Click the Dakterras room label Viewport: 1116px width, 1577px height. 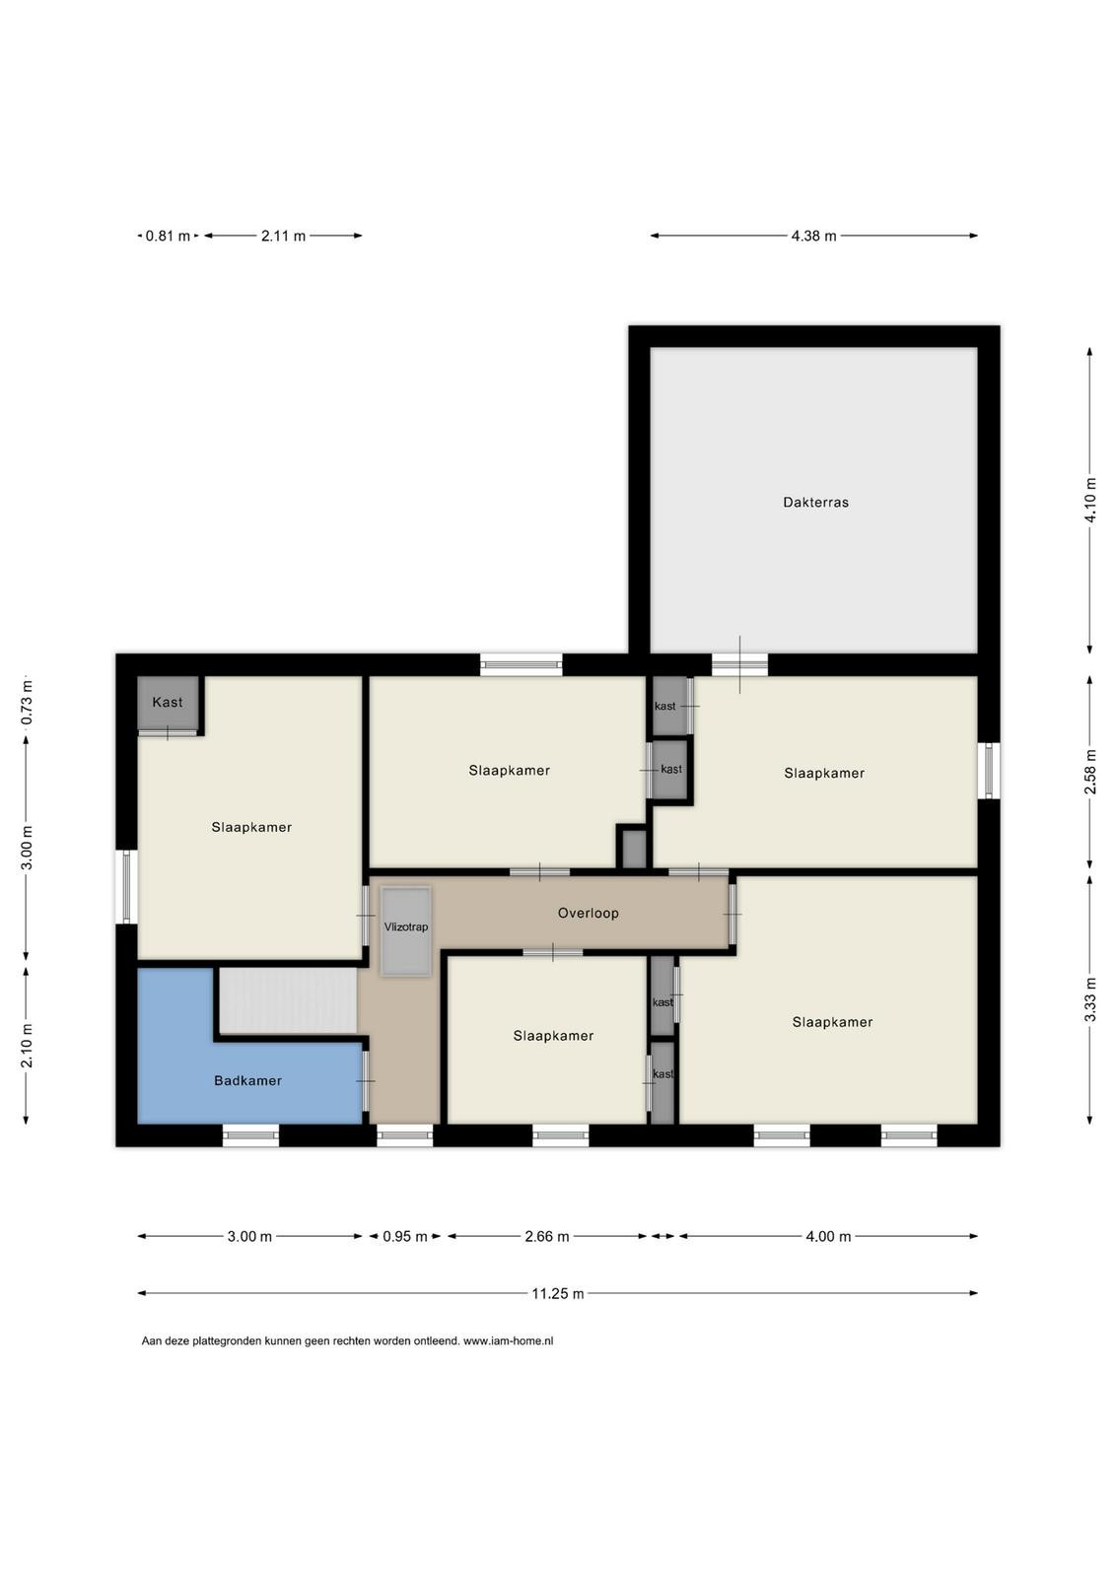815,503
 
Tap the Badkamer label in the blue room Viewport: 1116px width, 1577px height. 247,1080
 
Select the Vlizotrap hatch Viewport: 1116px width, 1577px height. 405,931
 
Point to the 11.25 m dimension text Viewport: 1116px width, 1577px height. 558,1293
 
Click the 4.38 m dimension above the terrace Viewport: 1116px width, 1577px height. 814,236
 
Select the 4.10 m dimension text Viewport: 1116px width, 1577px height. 1090,500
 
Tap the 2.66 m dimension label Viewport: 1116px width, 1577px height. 547,1236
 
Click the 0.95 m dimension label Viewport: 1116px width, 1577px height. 405,1236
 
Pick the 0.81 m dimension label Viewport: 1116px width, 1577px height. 168,236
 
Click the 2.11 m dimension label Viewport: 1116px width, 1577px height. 283,236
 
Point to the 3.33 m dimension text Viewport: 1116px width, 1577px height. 1090,999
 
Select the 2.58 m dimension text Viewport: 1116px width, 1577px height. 1090,773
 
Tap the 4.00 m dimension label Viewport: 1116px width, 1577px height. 828,1236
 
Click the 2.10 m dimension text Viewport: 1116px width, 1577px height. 27,1046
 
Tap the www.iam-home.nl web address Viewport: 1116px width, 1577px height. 509,1341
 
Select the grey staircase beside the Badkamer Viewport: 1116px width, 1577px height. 289,1000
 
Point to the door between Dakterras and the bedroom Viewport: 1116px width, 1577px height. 739,664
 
